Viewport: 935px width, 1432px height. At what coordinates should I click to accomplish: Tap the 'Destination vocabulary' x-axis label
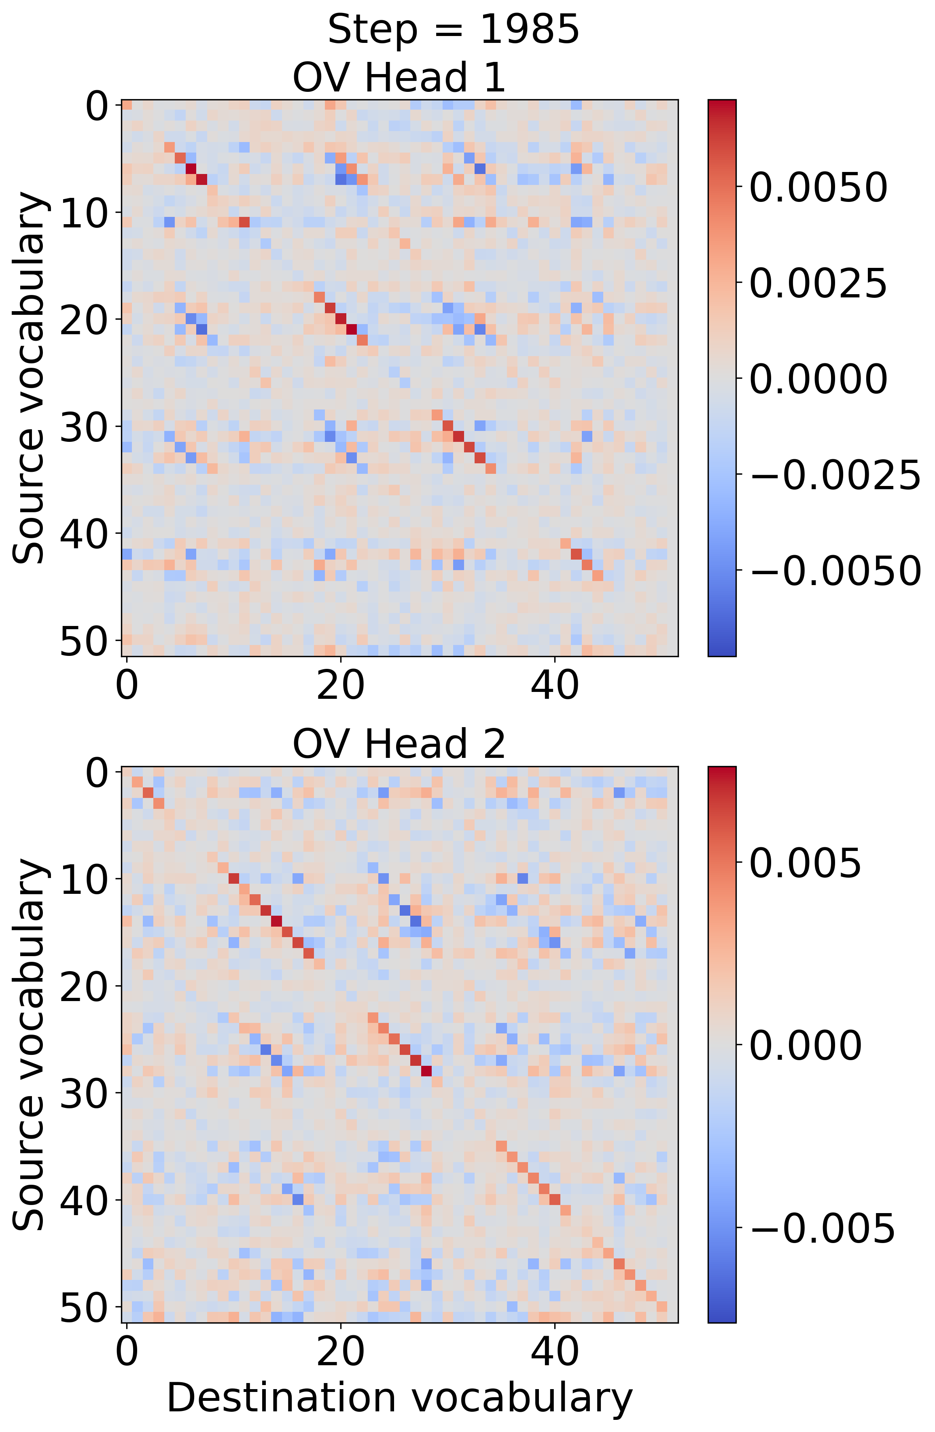point(399,1397)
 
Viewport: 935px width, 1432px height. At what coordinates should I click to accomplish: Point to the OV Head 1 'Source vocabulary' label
point(29,378)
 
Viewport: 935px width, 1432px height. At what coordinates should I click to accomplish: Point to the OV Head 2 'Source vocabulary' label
point(29,1044)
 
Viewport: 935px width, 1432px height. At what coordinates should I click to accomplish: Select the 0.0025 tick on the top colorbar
point(818,283)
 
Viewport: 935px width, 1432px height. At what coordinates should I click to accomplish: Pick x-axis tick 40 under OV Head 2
point(554,1351)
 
